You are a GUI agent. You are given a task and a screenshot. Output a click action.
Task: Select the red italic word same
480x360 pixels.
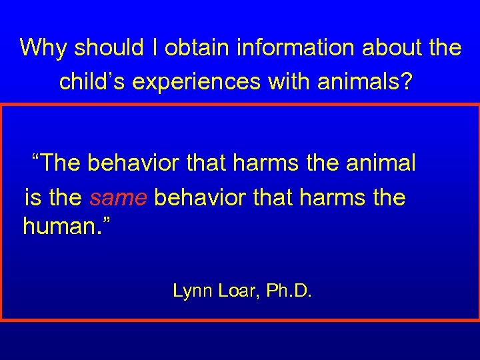pyautogui.click(x=119, y=198)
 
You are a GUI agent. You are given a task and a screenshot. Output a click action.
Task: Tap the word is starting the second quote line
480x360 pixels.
pyautogui.click(x=32, y=197)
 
